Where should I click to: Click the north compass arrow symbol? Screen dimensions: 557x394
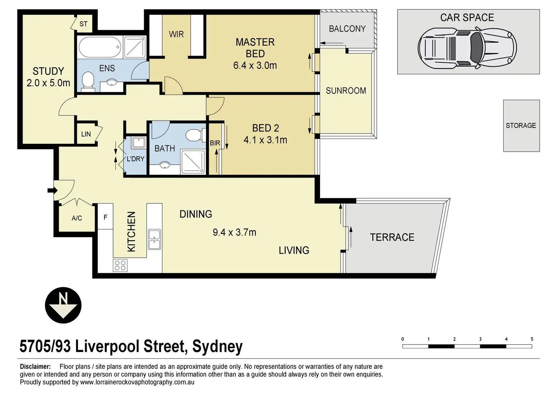63,305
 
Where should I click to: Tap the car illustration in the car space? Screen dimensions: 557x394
467,48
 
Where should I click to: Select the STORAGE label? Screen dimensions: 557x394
521,125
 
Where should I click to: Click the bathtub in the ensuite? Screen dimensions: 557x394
100,47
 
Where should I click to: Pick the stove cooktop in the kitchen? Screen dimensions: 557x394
120,265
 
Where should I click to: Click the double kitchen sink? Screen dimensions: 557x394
154,239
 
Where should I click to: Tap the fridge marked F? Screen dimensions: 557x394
106,216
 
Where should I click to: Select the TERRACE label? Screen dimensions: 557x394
392,237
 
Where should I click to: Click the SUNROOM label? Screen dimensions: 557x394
346,91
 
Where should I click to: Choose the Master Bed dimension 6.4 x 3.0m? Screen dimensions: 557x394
255,65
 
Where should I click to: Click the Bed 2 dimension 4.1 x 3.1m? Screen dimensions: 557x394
265,140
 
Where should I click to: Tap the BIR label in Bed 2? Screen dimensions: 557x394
215,143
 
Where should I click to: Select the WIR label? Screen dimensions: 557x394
176,34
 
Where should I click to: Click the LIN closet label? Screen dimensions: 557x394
86,134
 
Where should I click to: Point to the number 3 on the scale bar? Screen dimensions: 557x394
481,339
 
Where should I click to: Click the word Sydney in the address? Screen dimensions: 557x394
217,346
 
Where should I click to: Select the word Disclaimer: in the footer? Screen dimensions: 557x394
35,366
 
